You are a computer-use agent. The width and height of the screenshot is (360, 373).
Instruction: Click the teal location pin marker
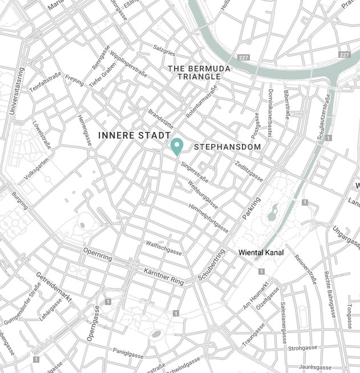177,146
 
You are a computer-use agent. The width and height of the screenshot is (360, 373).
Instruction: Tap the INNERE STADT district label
134,135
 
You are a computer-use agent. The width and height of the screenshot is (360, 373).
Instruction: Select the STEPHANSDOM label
228,147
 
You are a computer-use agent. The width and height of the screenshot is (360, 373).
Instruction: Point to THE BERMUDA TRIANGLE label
199,73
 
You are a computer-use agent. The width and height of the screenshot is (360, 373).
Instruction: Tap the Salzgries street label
164,50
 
